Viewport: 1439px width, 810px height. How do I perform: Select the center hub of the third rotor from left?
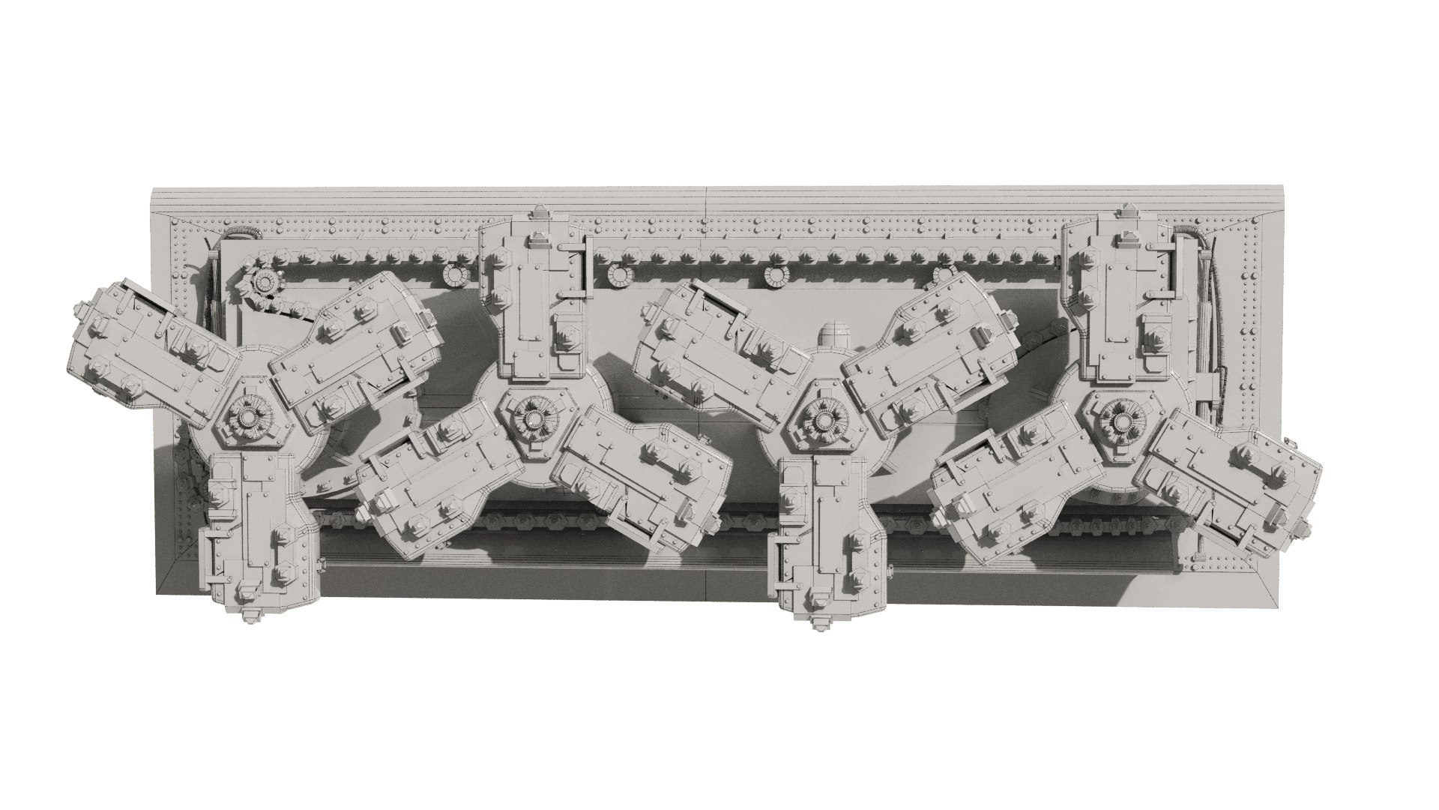coord(822,414)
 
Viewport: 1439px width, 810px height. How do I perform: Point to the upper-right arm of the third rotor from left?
coord(929,345)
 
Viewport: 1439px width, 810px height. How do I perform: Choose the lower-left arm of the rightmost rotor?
coord(1012,480)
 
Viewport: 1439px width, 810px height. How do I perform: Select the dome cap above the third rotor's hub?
coord(830,336)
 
